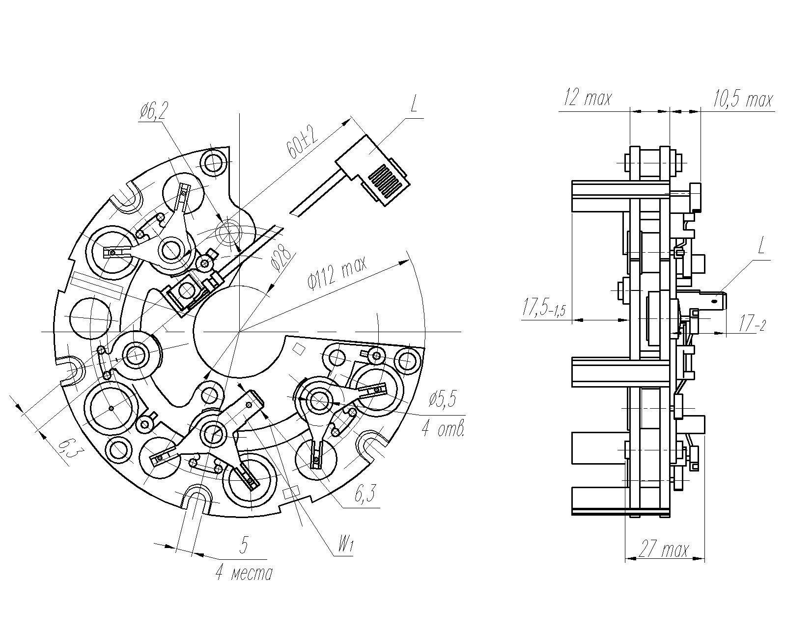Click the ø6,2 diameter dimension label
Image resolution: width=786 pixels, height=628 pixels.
(153, 113)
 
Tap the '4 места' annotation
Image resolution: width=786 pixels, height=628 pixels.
(244, 573)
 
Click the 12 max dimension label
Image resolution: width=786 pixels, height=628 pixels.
(588, 98)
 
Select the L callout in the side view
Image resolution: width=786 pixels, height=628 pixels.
(761, 246)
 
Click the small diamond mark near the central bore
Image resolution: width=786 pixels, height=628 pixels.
(298, 349)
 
